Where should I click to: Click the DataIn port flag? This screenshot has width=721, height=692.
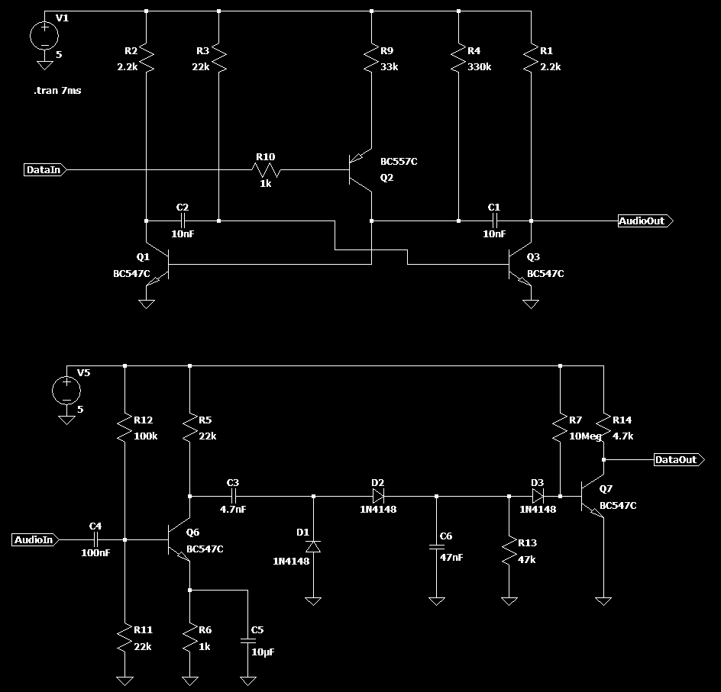(x=45, y=170)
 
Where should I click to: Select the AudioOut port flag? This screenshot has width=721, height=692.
(x=645, y=220)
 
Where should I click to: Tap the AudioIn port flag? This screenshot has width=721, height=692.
(x=35, y=540)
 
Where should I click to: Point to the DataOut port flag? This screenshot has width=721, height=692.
(x=679, y=459)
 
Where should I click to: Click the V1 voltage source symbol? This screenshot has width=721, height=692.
(x=44, y=35)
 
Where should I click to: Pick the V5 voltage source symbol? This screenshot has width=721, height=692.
(x=66, y=391)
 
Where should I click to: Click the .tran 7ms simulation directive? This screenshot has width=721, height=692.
(x=57, y=91)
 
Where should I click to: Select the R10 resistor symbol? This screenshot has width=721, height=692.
(x=266, y=170)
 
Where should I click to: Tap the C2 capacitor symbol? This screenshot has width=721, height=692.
(x=183, y=220)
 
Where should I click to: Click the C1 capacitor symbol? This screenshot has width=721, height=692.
(x=494, y=220)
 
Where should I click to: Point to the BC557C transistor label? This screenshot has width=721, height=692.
(x=399, y=162)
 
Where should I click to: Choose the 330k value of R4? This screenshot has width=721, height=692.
(x=479, y=67)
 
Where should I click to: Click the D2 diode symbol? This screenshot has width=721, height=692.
(x=378, y=497)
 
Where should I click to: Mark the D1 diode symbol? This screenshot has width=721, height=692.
(x=314, y=546)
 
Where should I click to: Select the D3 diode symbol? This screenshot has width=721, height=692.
(x=538, y=497)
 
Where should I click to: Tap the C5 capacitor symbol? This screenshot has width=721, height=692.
(x=247, y=640)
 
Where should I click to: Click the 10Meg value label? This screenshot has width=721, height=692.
(x=585, y=436)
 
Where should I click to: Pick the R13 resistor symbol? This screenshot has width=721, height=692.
(x=509, y=551)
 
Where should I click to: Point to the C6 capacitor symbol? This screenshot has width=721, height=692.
(x=436, y=546)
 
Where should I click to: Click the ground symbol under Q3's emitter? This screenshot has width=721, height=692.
(x=531, y=304)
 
